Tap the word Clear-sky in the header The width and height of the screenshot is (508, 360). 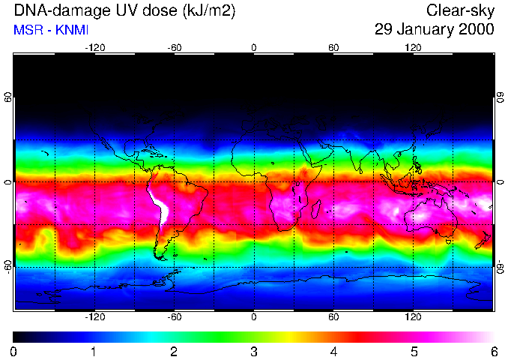coord(460,10)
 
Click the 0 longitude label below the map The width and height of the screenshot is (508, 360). coord(254,316)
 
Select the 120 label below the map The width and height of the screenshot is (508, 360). coord(413,316)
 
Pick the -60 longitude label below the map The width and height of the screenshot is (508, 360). coord(175,316)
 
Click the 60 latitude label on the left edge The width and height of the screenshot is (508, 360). coord(8,97)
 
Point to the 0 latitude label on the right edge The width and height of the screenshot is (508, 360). coord(500,182)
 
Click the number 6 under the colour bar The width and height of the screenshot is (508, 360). coord(494,351)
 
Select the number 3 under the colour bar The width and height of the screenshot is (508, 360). coord(253,351)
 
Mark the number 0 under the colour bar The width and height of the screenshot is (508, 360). coord(13,351)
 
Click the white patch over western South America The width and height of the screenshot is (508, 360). coord(158,207)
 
